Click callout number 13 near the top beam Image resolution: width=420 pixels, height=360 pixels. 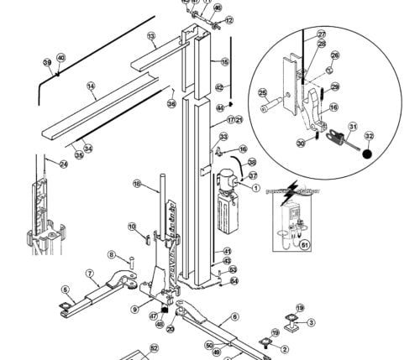[152, 37]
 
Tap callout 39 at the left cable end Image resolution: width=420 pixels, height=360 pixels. [47, 62]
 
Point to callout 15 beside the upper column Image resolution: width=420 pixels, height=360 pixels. [224, 62]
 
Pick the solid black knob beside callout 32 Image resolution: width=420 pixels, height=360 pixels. [366, 154]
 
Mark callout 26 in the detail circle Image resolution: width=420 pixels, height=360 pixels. [333, 56]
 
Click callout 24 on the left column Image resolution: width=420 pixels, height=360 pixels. [63, 164]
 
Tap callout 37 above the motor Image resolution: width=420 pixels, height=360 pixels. [253, 176]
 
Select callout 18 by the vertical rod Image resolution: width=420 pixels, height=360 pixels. [136, 183]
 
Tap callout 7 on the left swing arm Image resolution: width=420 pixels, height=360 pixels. [89, 273]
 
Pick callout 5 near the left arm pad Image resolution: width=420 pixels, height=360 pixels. [65, 290]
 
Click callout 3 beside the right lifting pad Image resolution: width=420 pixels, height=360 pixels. [310, 322]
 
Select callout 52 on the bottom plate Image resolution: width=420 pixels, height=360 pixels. [154, 347]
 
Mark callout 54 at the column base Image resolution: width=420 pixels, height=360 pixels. [234, 281]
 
